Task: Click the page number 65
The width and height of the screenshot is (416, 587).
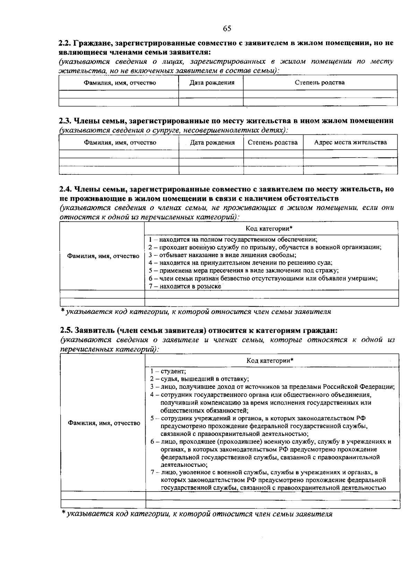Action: pos(227,28)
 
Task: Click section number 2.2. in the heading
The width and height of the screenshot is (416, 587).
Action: pos(64,44)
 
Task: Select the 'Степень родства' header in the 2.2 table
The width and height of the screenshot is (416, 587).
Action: pos(320,83)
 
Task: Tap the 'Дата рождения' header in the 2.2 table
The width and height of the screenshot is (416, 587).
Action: pos(212,83)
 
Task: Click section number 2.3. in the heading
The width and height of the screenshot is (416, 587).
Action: pos(65,121)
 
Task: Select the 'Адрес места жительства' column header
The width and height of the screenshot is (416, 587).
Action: pos(350,142)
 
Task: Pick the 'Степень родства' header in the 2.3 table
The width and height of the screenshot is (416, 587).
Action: pos(272,142)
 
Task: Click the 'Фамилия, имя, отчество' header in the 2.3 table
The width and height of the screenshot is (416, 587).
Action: pos(120,142)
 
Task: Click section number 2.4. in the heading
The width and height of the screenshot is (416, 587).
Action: pos(65,189)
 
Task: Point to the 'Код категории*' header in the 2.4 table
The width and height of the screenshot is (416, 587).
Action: pos(269,228)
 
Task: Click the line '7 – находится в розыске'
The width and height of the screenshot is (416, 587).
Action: pos(185,286)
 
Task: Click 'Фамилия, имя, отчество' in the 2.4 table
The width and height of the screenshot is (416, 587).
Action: pos(103,256)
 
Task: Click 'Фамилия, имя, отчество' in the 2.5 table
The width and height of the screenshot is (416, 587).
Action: pos(104,423)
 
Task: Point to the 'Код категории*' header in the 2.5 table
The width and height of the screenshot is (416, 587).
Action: pos(270,361)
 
